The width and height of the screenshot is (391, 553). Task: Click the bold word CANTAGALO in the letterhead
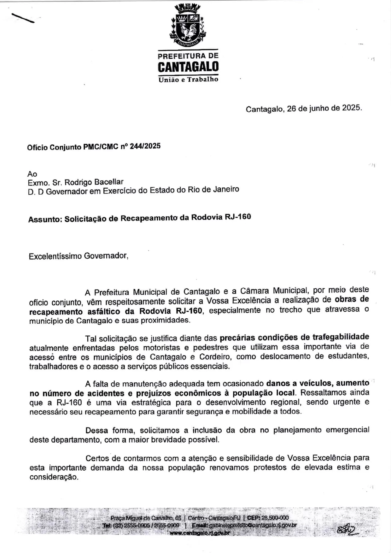(x=188, y=67)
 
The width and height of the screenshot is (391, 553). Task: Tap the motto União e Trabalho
(x=188, y=79)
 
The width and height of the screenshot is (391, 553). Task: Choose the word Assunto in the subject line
(x=44, y=220)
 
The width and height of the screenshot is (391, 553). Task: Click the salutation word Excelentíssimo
(x=55, y=256)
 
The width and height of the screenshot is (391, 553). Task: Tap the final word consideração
(x=54, y=477)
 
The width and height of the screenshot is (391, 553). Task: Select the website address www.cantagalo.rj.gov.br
(x=200, y=533)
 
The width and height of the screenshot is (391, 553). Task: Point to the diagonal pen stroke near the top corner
(x=23, y=18)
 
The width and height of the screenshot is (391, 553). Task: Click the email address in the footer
(x=253, y=525)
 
